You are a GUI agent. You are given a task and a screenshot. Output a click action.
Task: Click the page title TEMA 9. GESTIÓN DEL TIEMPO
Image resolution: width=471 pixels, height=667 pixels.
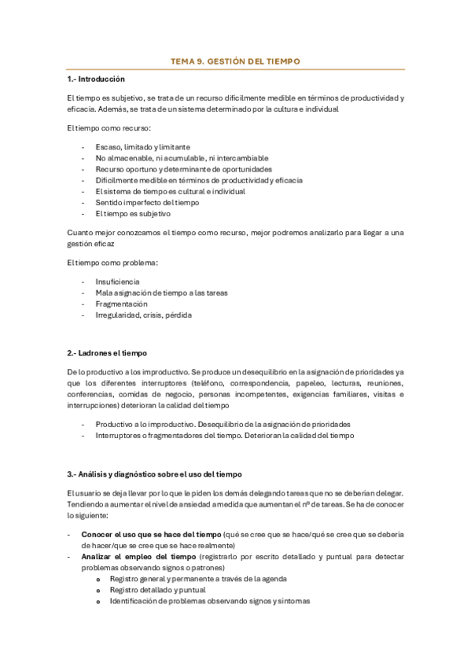235,61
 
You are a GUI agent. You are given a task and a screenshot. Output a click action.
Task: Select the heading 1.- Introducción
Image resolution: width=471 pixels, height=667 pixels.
96,79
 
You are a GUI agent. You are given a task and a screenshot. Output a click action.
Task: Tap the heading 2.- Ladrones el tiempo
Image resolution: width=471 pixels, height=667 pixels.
107,352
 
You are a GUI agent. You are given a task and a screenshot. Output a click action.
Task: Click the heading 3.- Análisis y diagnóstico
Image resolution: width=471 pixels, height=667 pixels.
154,474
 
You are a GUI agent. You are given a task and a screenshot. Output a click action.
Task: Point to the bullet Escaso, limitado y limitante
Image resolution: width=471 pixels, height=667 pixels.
142,147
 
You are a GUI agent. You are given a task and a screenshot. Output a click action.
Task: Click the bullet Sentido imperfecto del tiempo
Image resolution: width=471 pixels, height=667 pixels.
147,202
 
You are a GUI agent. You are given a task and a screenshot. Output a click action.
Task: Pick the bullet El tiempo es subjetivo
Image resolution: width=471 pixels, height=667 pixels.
133,213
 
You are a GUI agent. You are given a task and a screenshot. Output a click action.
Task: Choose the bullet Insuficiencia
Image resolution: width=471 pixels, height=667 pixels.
118,281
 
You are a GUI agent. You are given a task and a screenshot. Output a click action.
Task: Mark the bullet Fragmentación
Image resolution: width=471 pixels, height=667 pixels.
122,304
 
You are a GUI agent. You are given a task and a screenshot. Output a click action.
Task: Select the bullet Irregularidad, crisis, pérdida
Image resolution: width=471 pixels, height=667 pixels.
143,315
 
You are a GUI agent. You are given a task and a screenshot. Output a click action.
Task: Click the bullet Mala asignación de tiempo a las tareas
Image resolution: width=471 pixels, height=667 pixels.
161,293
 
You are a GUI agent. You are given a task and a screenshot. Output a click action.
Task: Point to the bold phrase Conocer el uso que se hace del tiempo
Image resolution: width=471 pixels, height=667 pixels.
151,534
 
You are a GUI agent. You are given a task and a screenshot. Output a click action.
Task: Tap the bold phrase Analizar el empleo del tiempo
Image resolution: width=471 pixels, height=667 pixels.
138,556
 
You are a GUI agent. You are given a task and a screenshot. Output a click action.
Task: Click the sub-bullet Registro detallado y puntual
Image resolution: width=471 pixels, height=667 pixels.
158,589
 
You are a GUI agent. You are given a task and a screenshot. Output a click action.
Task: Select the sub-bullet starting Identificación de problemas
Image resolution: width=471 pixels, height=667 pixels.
209,601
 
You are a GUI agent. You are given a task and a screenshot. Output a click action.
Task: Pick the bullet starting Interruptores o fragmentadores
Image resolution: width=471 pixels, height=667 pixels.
224,435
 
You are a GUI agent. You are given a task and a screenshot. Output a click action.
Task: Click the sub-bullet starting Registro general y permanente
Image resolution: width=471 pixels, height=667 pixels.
197,578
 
